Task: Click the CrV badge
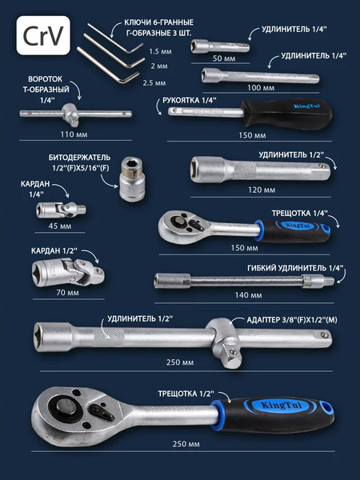[x=43, y=35]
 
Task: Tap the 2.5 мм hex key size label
[x=154, y=83]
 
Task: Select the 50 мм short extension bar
[x=220, y=46]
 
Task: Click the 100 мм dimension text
[x=261, y=88]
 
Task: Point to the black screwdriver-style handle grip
[x=286, y=114]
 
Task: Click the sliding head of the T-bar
[x=71, y=114]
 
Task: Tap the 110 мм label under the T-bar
[x=74, y=134]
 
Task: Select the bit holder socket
[x=132, y=179]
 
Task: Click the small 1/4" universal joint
[x=61, y=210]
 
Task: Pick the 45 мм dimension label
[x=60, y=226]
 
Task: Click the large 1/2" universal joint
[x=68, y=272]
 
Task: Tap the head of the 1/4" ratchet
[x=184, y=226]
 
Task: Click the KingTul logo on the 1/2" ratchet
[x=281, y=406]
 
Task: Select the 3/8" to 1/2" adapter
[x=225, y=343]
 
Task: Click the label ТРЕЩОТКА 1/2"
[x=186, y=394]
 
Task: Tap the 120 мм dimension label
[x=262, y=190]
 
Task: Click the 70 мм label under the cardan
[x=67, y=293]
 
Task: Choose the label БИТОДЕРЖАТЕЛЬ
[x=79, y=158]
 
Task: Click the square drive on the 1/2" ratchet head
[x=66, y=407]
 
